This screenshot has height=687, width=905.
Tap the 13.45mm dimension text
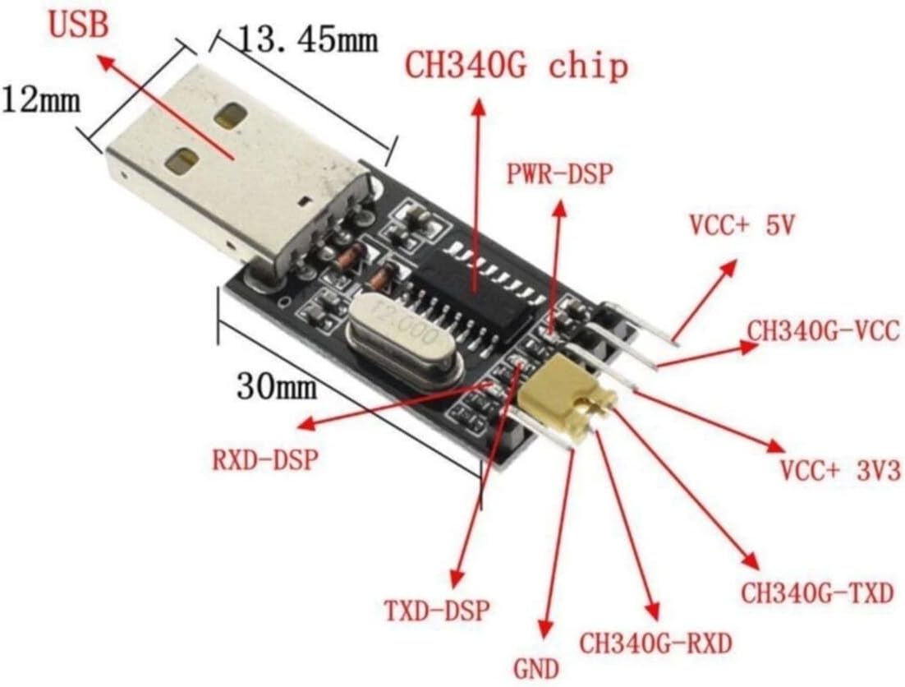tap(308, 39)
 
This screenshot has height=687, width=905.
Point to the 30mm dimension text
tap(277, 385)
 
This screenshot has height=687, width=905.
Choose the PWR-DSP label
tap(558, 173)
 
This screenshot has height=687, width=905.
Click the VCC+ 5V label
tap(742, 226)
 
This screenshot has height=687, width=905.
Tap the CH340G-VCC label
tap(824, 331)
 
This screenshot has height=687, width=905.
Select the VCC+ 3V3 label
tap(840, 471)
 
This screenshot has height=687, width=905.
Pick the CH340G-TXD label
tap(816, 592)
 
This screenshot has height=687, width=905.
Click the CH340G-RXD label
tap(655, 643)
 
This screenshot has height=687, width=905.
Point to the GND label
tap(537, 669)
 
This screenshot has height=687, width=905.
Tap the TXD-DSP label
tap(438, 611)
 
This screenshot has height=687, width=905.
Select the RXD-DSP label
tap(266, 460)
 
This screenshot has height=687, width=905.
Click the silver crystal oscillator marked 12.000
tap(404, 345)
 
